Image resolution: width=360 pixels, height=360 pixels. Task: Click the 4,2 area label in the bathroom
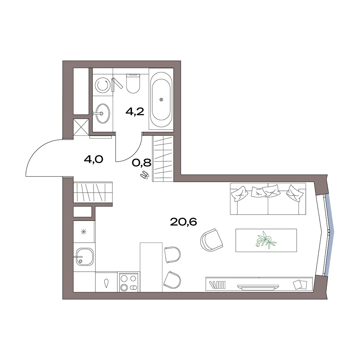tap(135, 112)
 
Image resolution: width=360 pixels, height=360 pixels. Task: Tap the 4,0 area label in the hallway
tap(94, 159)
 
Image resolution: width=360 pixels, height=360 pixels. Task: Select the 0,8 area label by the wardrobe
tap(141, 163)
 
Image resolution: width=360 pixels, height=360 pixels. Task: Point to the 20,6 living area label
tap(184, 222)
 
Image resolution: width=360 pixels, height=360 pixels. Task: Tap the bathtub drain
tap(161, 99)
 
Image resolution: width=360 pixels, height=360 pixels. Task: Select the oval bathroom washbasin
tap(103, 113)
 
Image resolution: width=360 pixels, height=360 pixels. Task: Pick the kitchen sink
tap(85, 256)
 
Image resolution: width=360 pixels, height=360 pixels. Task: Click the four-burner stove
tap(129, 282)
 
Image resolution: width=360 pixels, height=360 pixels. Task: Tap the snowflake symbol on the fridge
tap(84, 232)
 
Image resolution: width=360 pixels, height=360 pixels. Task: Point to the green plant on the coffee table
tap(266, 240)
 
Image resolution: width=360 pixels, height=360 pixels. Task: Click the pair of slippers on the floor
tap(144, 175)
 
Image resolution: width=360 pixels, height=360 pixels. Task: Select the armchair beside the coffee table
tap(211, 240)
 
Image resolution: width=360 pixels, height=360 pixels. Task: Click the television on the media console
tap(258, 287)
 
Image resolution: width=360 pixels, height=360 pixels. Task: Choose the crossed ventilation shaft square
tap(81, 128)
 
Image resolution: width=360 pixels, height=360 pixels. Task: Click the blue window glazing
tap(329, 235)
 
